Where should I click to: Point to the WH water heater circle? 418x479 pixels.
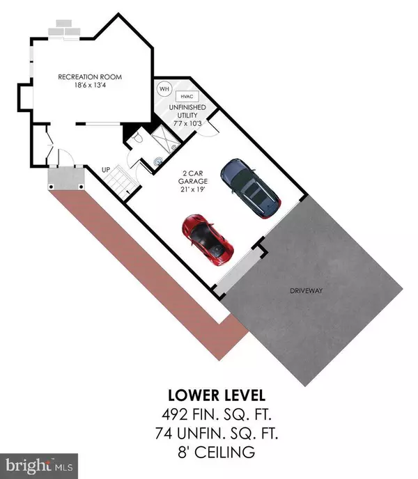[x=164, y=88]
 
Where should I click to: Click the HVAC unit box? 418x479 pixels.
[x=187, y=95]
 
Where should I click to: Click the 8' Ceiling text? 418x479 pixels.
[x=208, y=439]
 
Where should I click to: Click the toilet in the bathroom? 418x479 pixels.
[x=139, y=139]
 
